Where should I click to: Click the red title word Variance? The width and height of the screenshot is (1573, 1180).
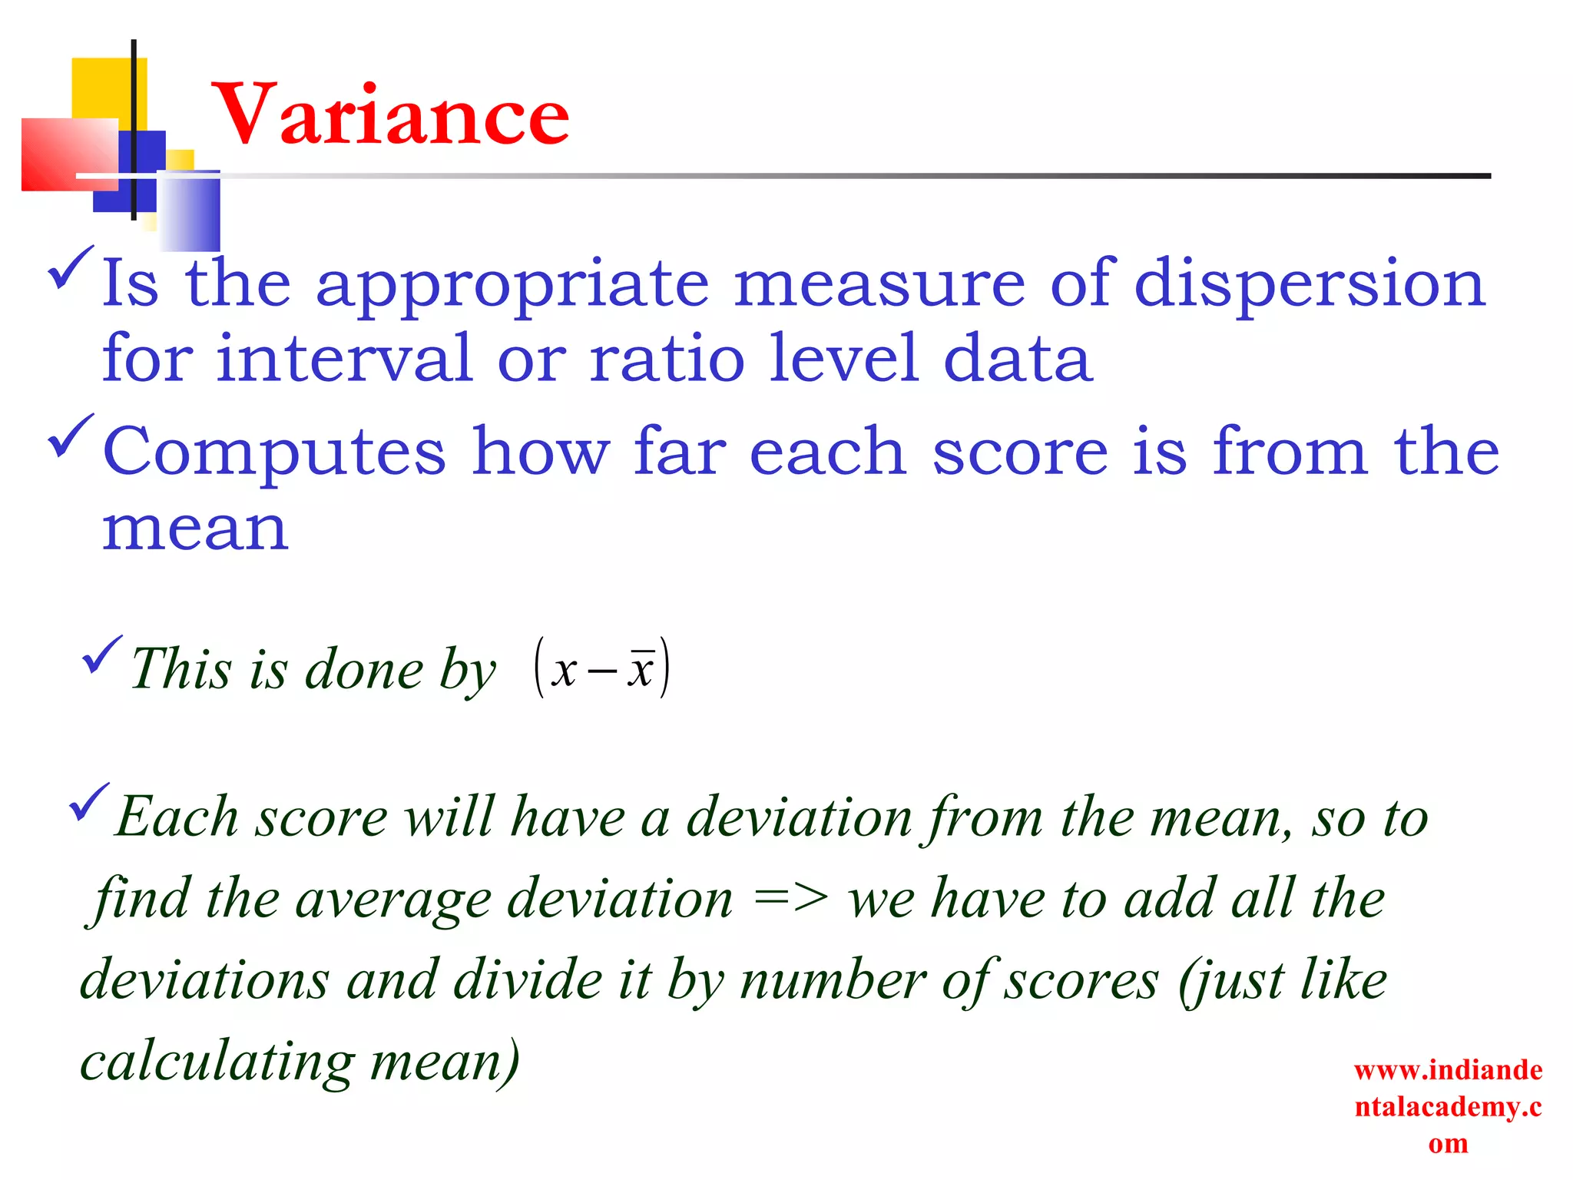pos(390,115)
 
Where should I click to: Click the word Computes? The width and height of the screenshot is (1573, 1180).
pos(274,453)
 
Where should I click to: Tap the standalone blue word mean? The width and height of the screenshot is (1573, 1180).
pos(196,530)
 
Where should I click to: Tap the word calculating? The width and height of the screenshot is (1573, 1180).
pos(217,1062)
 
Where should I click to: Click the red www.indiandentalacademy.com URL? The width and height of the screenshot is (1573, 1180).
pos(1448,1106)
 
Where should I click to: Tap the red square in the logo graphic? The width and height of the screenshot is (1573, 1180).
pos(69,154)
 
